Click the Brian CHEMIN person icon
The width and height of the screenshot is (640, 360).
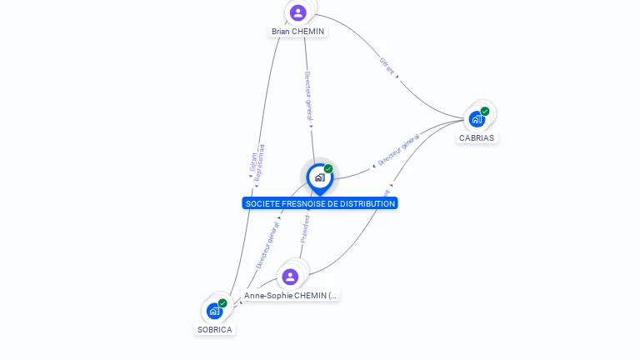[x=298, y=12]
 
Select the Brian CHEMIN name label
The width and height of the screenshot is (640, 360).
[x=297, y=32]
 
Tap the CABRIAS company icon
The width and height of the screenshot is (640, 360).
[x=477, y=118]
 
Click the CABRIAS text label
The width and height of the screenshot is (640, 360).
[x=477, y=138]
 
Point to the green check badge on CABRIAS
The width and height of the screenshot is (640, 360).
[x=485, y=111]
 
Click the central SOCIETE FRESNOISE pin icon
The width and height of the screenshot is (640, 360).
[x=319, y=177]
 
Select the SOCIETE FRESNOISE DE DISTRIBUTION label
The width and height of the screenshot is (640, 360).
[x=320, y=203]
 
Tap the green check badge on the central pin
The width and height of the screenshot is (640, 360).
[x=328, y=168]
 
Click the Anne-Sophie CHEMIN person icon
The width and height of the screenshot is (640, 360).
[x=290, y=277]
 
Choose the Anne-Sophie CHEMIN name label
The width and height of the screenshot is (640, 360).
[x=291, y=296]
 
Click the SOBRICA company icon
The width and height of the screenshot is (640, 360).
[x=214, y=311]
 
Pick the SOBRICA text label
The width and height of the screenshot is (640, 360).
[x=214, y=330]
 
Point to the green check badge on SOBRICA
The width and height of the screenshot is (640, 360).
[x=222, y=303]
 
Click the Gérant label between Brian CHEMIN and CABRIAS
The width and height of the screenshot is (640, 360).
[x=387, y=66]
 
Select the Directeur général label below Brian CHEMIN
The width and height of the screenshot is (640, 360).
[x=308, y=96]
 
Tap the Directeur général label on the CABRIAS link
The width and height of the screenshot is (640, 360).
[x=398, y=150]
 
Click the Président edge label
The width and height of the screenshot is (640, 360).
[x=305, y=229]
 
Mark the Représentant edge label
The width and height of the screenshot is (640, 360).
[x=261, y=162]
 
